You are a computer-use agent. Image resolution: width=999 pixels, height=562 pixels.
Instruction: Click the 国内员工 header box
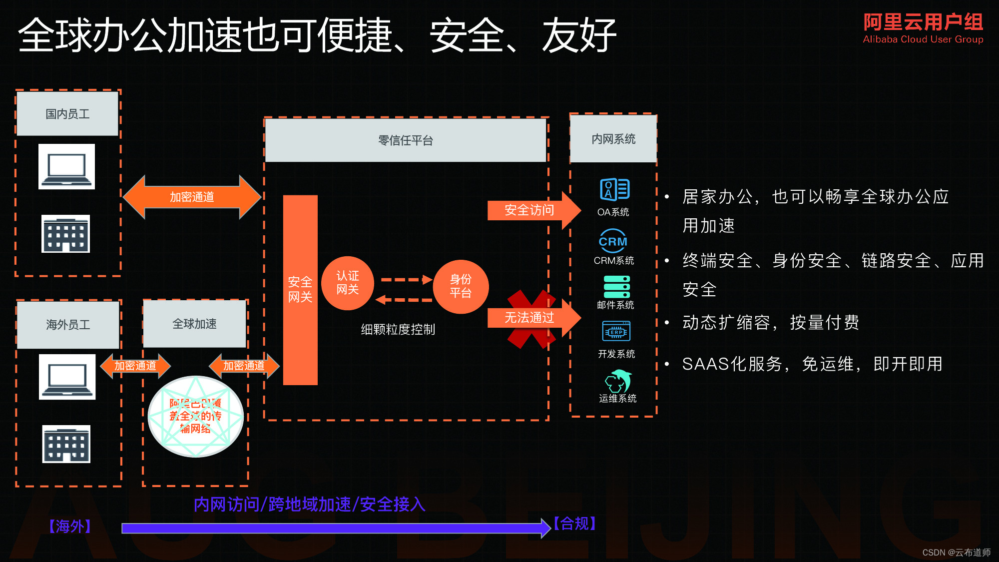coord(67,114)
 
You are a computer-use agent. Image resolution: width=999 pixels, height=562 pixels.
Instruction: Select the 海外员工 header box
coord(68,325)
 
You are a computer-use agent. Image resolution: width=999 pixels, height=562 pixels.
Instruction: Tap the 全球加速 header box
coord(195,324)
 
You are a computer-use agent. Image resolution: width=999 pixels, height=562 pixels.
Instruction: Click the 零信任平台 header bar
coord(405,140)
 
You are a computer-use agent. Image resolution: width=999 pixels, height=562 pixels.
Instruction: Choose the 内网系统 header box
coord(613,139)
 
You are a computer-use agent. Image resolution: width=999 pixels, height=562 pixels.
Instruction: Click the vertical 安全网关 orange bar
coord(300,290)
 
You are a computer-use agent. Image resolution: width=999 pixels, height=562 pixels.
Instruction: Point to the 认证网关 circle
coord(348,283)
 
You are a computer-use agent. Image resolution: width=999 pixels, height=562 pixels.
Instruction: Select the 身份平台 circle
coord(461,286)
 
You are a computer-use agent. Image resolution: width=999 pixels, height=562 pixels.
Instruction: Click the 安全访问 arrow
coord(532,210)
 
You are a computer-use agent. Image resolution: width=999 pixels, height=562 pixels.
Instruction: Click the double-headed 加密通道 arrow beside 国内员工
coord(192,197)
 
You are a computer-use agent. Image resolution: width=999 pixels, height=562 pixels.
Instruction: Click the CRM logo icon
coord(613,241)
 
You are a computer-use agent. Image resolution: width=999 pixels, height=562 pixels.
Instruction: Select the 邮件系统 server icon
coord(617,287)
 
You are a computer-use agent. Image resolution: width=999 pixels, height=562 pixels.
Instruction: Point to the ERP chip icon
coord(617,332)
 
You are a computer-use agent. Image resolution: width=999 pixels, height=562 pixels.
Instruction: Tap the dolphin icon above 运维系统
coord(618,381)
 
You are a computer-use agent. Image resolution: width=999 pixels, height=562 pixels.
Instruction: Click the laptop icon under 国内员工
coord(66,167)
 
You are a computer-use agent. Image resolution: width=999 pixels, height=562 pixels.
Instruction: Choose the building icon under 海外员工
coord(66,444)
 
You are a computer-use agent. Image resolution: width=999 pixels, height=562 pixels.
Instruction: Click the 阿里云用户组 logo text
coord(923,23)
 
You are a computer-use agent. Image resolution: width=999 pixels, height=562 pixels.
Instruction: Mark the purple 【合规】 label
coord(574,524)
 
